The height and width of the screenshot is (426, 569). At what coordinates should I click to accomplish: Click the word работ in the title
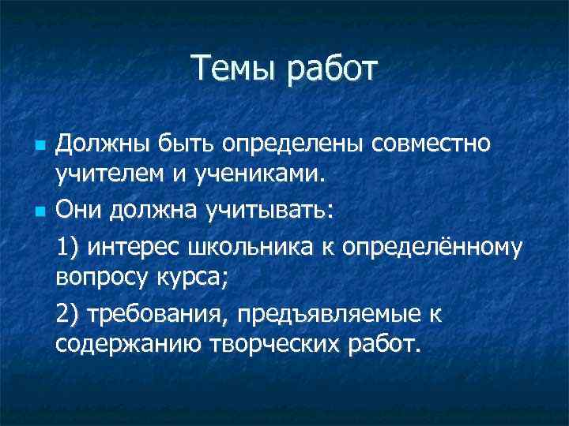pos(333,70)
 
